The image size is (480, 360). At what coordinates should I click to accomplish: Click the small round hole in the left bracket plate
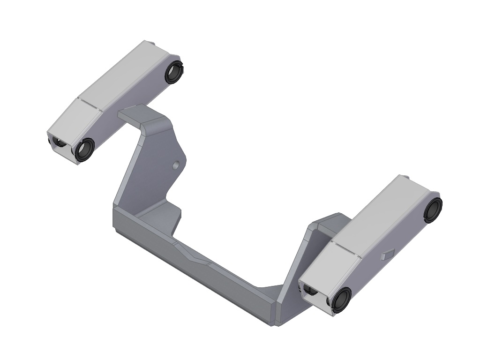point(176,165)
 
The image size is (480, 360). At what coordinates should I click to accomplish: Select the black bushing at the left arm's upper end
point(173,72)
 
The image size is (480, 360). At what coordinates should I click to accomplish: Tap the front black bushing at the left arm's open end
point(84,150)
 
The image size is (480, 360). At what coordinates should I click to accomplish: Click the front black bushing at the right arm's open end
point(341,300)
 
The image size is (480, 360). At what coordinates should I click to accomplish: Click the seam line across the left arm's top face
point(91,105)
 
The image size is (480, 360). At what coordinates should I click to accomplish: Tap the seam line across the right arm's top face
point(346,249)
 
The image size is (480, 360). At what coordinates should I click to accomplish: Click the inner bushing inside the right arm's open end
point(308,292)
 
